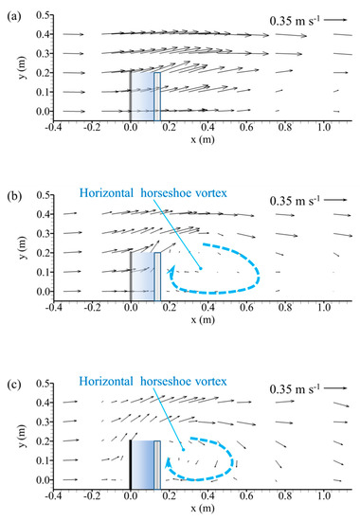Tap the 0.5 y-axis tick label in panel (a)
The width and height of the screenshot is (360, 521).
(x=43, y=16)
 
